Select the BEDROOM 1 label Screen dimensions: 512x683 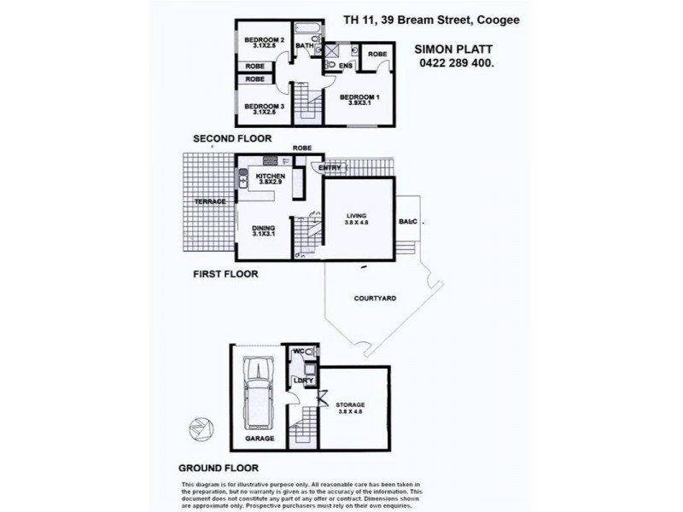pos(359,97)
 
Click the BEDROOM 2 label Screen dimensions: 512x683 pos(264,40)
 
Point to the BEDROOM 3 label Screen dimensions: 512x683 pos(264,107)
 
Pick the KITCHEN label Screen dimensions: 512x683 pos(270,177)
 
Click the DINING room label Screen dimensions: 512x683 pos(263,228)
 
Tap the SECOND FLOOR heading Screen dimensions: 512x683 pos(232,138)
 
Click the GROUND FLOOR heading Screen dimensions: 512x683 pos(218,468)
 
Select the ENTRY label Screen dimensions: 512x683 pos(330,168)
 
